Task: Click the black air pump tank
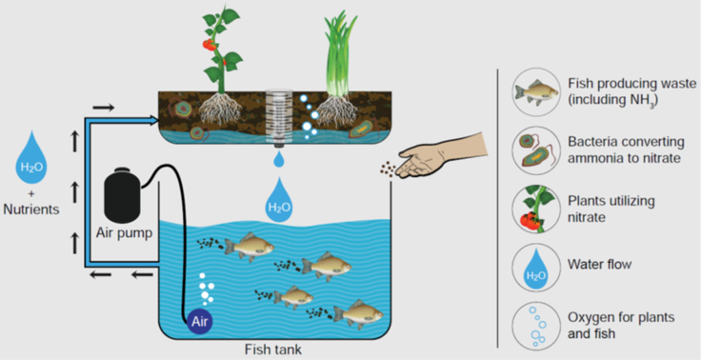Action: point(122,193)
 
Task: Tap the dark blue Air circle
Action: point(200,322)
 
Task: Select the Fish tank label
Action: point(273,349)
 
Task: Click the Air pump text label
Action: point(124,233)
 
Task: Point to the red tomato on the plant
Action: point(209,44)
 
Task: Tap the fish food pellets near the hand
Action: point(388,169)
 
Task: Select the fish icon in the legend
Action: point(536,91)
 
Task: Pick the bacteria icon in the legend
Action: point(536,150)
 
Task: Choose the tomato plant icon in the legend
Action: point(536,209)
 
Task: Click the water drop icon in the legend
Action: point(536,268)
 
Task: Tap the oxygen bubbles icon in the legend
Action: point(536,326)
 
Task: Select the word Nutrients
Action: point(30,210)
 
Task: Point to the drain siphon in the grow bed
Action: point(279,116)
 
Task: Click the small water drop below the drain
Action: point(279,159)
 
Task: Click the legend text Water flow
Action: point(599,264)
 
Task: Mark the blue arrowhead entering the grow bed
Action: point(155,119)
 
